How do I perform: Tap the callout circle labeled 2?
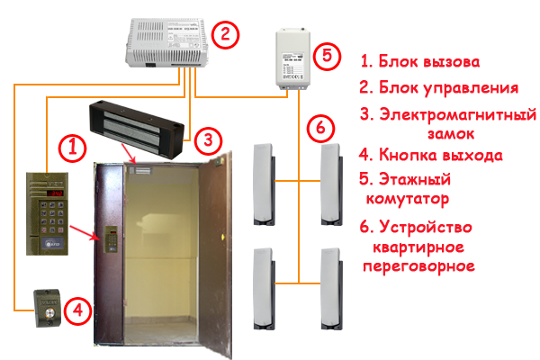225,36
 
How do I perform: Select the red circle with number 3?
207,139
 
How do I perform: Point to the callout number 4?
78,311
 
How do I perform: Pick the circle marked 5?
326,55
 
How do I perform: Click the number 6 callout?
319,127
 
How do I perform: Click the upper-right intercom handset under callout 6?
330,183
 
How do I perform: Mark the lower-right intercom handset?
330,287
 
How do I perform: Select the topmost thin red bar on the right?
419,61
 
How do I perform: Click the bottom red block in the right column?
417,247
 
